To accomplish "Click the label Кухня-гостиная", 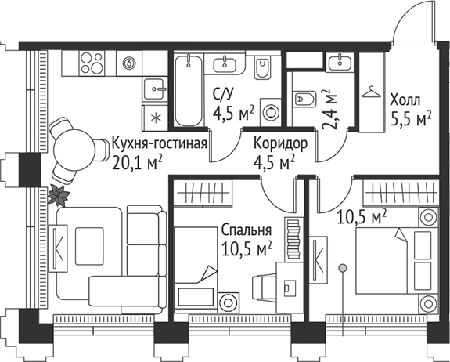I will coord(159,143).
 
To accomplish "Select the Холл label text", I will coord(404,100).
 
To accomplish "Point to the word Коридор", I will coord(279,143).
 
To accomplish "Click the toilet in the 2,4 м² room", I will coord(305,99).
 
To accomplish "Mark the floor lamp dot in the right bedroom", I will coord(342,269).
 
